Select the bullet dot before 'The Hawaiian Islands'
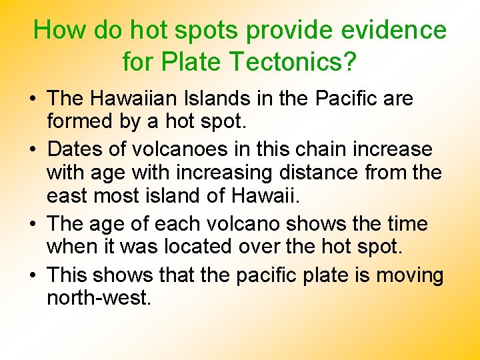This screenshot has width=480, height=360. click(x=33, y=99)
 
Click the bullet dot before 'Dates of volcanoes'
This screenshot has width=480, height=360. click(x=33, y=149)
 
